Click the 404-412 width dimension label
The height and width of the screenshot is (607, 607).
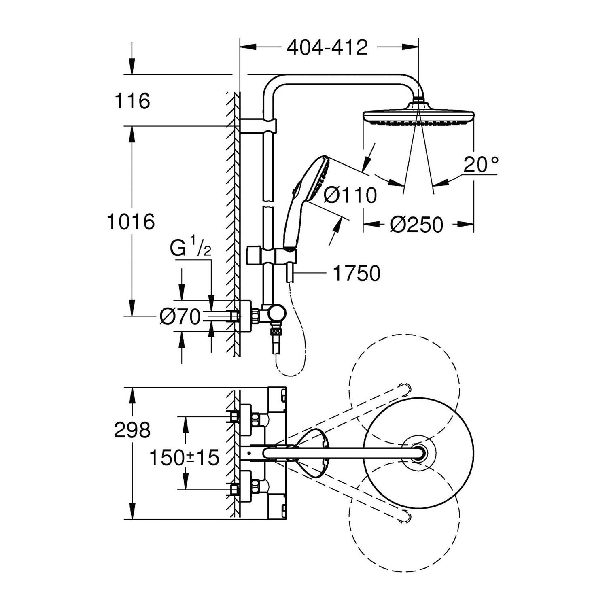pyautogui.click(x=327, y=47)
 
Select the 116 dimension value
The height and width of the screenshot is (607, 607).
pyautogui.click(x=132, y=101)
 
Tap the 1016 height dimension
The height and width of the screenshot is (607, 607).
pyautogui.click(x=131, y=222)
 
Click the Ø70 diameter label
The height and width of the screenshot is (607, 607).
pyautogui.click(x=180, y=316)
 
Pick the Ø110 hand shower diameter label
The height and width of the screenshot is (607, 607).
pyautogui.click(x=350, y=195)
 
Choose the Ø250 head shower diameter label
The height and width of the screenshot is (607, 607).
pyautogui.click(x=416, y=225)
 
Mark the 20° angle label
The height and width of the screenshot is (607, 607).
pyautogui.click(x=481, y=165)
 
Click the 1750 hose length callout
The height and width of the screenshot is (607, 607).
pyautogui.click(x=357, y=274)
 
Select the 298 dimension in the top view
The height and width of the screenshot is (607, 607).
pyautogui.click(x=132, y=430)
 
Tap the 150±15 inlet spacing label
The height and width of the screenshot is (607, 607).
pyautogui.click(x=185, y=458)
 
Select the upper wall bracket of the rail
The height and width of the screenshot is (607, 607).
pyautogui.click(x=259, y=125)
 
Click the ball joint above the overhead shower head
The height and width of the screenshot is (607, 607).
pyautogui.click(x=418, y=99)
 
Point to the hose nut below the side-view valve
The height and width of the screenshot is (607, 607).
pyautogui.click(x=276, y=332)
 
